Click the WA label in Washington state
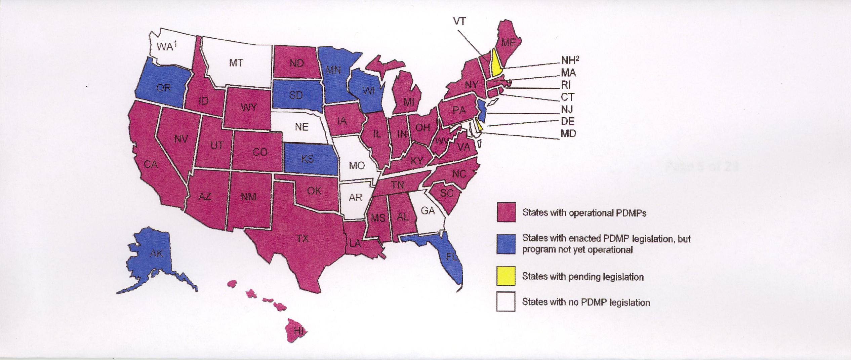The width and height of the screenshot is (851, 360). point(165,47)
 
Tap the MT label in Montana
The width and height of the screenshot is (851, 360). point(236,63)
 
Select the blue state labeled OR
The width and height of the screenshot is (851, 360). point(164,88)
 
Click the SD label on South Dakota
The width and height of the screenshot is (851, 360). point(296,95)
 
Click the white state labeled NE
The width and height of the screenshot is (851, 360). point(301,127)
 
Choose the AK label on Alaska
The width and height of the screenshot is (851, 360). point(156,253)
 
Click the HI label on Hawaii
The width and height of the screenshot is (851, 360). point(298,331)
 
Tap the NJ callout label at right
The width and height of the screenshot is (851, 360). point(567,109)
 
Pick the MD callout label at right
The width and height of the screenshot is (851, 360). point(568,134)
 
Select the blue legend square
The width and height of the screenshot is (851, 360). point(506,244)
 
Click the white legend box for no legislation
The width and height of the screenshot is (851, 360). point(506,302)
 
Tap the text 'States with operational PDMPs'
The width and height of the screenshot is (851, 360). point(584,213)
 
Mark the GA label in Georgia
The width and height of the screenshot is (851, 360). point(428,211)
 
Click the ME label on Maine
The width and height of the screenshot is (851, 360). point(508,52)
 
